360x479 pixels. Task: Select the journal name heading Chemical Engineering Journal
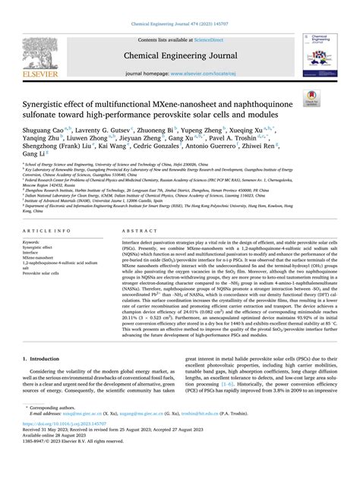pos(180,55)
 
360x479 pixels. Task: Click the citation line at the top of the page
pos(180,5)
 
